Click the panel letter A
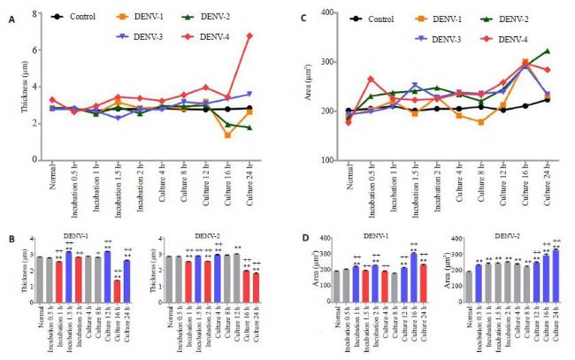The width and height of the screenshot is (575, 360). [11, 18]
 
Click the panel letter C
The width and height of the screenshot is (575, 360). [305, 18]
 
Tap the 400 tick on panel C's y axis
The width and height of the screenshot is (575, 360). [333, 13]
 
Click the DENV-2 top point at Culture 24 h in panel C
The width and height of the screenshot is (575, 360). [547, 51]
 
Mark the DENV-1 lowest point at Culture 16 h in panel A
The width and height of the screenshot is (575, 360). [227, 134]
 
